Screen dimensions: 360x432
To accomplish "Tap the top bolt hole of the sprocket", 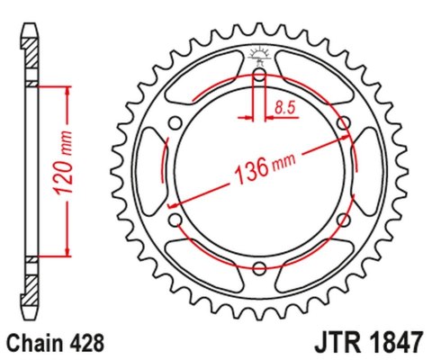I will [x=259, y=75].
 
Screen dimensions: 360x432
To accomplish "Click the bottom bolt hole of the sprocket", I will [x=259, y=266].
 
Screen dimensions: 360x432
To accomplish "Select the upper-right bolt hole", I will [x=342, y=122].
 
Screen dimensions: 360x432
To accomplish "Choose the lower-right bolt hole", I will [x=342, y=219].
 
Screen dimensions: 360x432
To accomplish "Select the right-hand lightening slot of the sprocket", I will [x=370, y=170].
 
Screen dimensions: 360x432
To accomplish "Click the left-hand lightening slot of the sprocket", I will [x=148, y=170].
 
